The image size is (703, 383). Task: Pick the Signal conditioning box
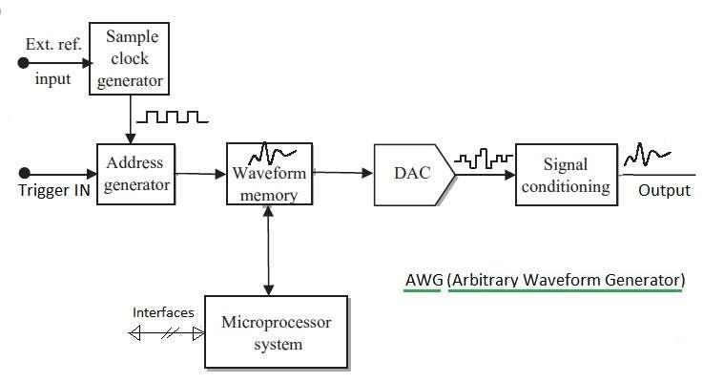566,174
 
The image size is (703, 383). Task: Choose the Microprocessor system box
277,332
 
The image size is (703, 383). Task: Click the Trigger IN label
51,190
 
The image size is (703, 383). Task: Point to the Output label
663,190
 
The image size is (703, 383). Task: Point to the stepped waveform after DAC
483,159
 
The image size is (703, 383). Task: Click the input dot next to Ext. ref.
24,63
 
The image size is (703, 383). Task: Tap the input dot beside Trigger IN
24,174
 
